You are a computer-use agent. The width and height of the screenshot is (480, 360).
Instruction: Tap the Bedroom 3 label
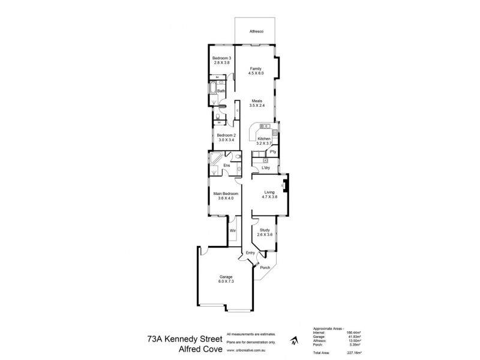pyautogui.click(x=221, y=58)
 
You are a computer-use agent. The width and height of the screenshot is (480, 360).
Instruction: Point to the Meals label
pyautogui.click(x=256, y=101)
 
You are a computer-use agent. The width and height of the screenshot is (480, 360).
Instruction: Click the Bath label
pyautogui.click(x=221, y=91)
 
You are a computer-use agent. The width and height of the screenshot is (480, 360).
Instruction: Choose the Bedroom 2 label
pyautogui.click(x=226, y=135)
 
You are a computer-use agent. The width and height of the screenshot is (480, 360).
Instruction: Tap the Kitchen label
pyautogui.click(x=265, y=139)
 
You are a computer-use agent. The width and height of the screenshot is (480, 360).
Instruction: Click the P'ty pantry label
pyautogui.click(x=272, y=152)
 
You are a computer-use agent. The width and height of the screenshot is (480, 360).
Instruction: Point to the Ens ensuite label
pyautogui.click(x=226, y=166)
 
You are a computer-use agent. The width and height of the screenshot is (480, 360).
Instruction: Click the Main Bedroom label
pyautogui.click(x=226, y=194)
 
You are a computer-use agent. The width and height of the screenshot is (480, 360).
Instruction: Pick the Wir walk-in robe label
pyautogui.click(x=232, y=229)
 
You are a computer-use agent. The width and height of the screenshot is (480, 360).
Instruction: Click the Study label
pyautogui.click(x=265, y=229)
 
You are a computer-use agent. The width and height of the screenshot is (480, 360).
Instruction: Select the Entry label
pyautogui.click(x=251, y=253)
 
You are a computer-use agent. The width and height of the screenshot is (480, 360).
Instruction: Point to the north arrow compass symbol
pyautogui.click(x=292, y=343)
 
